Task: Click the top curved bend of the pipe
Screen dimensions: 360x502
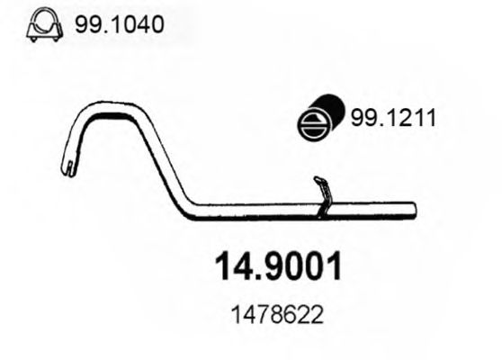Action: (103, 109)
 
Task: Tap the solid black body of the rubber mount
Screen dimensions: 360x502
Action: (327, 108)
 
